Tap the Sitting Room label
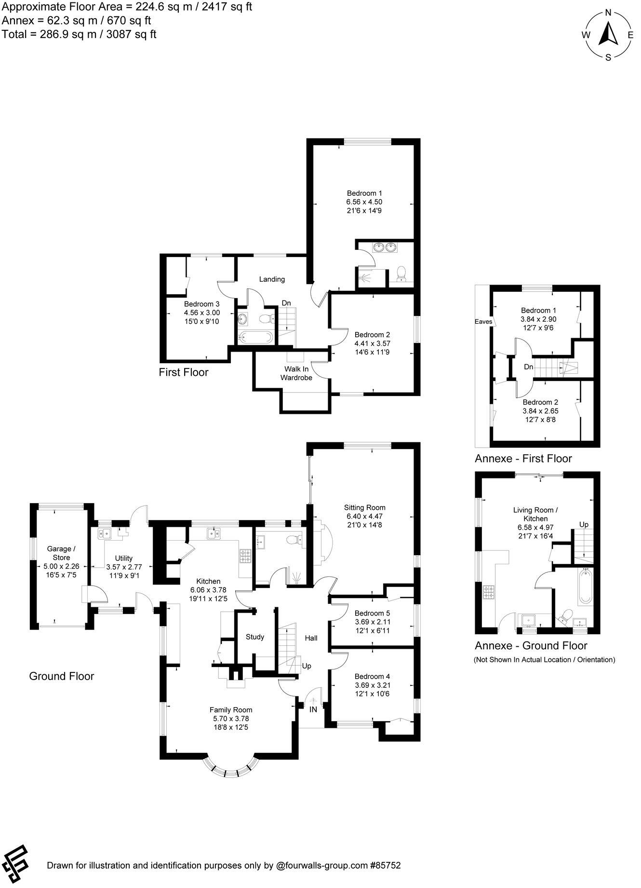[x=364, y=507]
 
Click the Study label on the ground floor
[x=255, y=637]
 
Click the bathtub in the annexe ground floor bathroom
[x=586, y=587]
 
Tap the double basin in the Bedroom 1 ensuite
[x=384, y=248]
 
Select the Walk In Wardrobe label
[x=296, y=373]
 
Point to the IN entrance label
[x=313, y=710]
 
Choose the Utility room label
[x=123, y=559]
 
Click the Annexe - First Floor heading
[x=523, y=459]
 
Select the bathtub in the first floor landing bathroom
[x=255, y=337]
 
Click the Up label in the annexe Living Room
[x=584, y=524]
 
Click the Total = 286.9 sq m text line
[x=79, y=34]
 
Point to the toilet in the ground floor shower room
[x=295, y=540]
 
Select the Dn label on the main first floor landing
[x=286, y=303]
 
